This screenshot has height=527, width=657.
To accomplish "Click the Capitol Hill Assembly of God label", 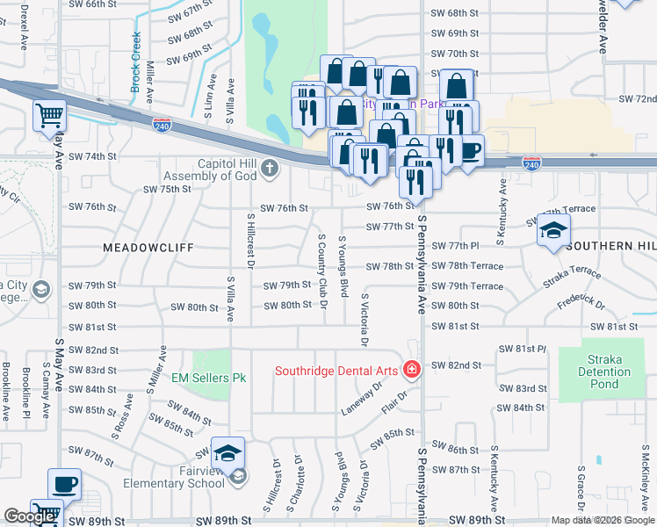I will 214,170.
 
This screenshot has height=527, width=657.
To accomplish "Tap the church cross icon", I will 270,168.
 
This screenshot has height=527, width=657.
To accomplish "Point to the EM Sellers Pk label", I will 209,378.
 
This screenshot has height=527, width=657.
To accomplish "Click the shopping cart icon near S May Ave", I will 50,115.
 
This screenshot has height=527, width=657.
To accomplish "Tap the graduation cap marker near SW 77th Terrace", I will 553,231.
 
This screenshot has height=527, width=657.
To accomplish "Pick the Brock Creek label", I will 136,62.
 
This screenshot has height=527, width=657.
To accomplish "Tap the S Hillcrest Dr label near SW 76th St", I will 250,238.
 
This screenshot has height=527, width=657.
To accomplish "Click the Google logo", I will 29,516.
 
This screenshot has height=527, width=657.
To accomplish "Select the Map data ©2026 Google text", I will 602,520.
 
